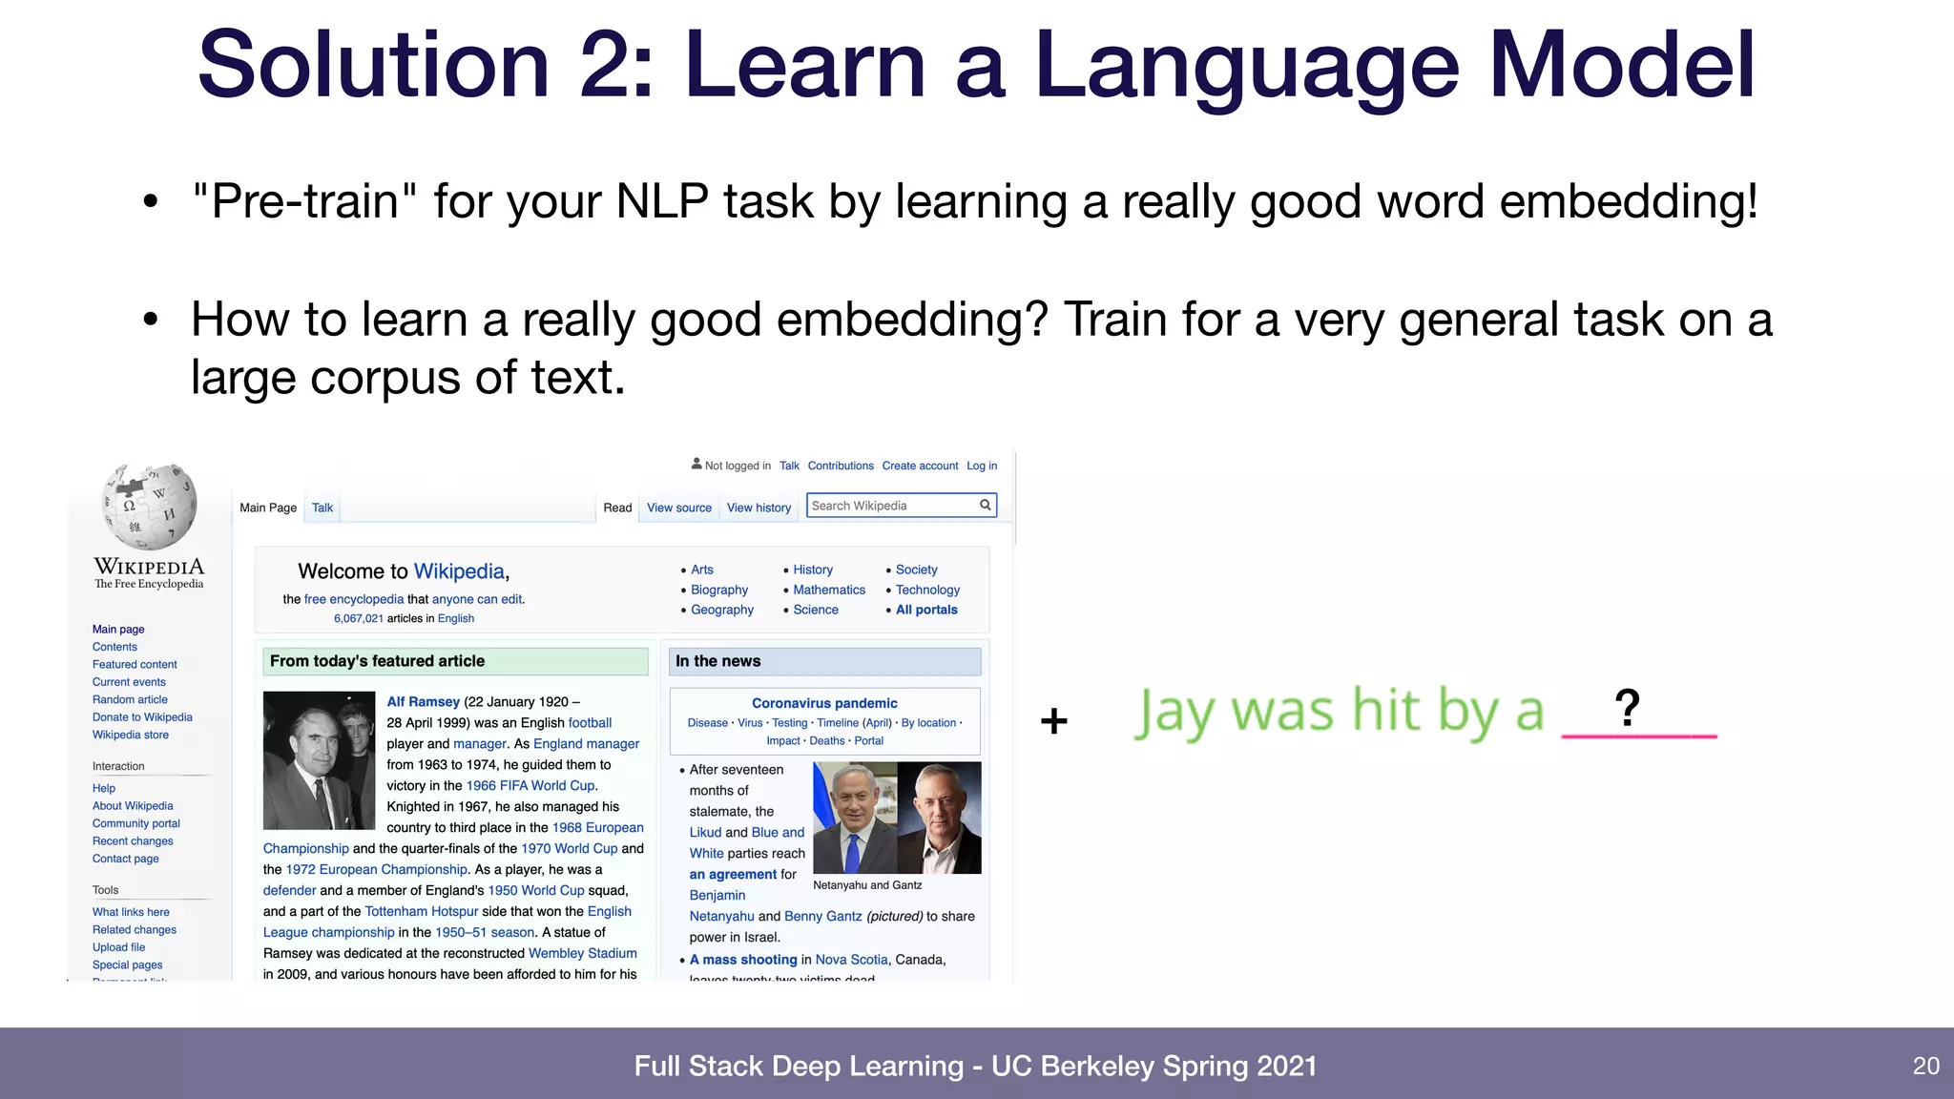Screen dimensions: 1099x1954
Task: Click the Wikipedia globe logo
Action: [x=150, y=507]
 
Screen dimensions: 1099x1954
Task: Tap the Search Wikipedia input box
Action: [x=892, y=506]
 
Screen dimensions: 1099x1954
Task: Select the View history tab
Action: [x=759, y=508]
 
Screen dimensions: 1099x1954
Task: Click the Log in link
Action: [x=982, y=466]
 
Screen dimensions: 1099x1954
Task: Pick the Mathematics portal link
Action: [x=829, y=590]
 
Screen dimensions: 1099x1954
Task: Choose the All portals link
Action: [x=926, y=610]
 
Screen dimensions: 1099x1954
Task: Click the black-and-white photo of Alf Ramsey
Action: [x=319, y=760]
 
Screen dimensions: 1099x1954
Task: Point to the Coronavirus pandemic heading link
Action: [x=824, y=703]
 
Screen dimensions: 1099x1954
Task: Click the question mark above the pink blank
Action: [x=1627, y=708]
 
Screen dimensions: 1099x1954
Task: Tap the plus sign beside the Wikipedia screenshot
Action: [x=1053, y=720]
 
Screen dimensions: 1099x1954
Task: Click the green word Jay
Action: [x=1174, y=713]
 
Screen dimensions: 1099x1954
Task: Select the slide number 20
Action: [x=1925, y=1066]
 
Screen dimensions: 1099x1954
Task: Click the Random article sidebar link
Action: [x=130, y=699]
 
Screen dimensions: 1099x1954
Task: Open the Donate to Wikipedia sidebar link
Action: [x=142, y=717]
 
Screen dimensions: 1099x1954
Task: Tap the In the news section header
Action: [x=718, y=661]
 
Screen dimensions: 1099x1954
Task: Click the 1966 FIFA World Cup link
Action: [x=530, y=786]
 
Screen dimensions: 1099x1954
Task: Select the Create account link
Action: [x=920, y=466]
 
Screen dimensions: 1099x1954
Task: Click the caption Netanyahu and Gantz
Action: [x=867, y=885]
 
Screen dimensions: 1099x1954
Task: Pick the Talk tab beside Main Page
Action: [x=322, y=508]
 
